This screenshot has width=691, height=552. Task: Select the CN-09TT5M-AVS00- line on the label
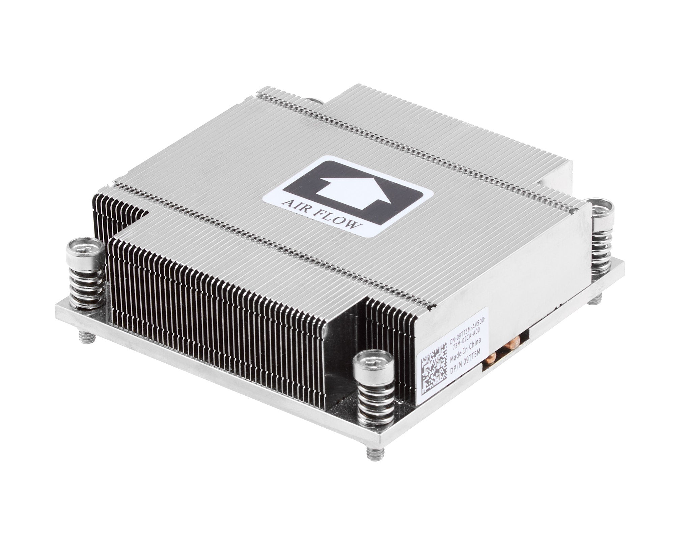tap(467, 341)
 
